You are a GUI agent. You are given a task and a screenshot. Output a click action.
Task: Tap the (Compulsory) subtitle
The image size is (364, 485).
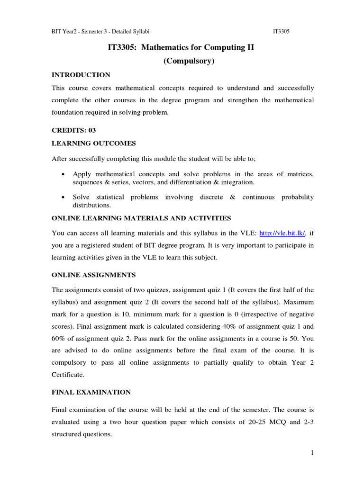click(182, 62)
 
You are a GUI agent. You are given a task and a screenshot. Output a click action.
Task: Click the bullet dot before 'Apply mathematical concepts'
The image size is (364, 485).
click(63, 174)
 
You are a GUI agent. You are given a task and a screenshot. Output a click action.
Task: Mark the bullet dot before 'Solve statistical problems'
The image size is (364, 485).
click(63, 197)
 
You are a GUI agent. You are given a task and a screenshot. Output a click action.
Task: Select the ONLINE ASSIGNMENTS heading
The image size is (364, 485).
click(93, 275)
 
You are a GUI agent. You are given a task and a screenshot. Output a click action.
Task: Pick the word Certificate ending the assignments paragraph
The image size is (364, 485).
click(69, 374)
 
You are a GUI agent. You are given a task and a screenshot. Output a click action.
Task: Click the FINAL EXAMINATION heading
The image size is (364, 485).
click(91, 392)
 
